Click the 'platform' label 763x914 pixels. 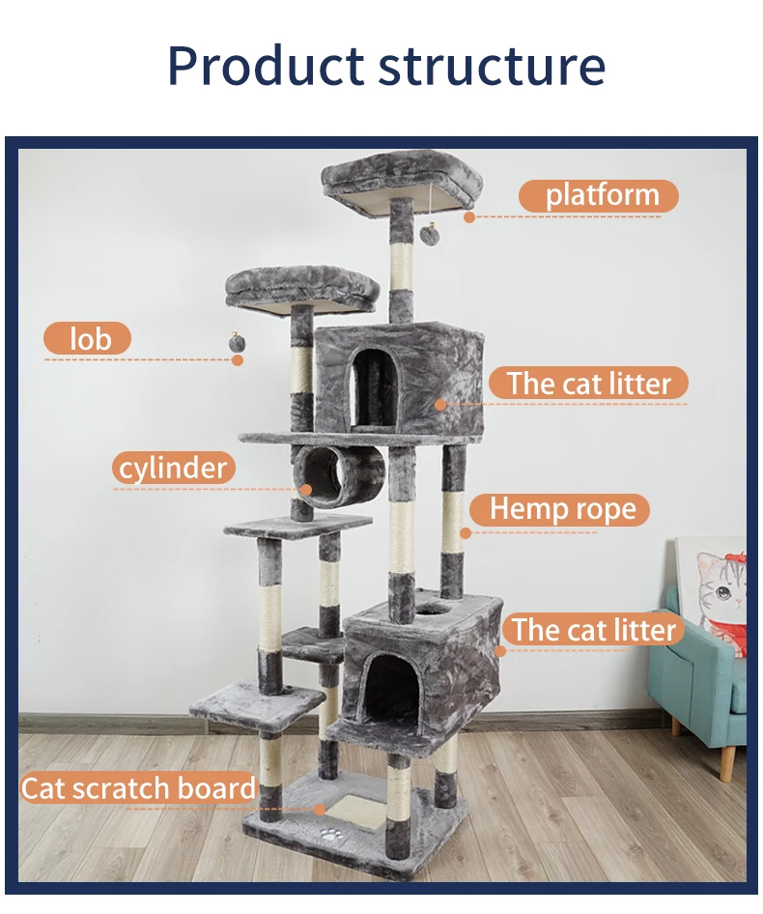[x=599, y=195]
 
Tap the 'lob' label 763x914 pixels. [x=88, y=339]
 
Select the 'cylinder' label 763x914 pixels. [x=174, y=469]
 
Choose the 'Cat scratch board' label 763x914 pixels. [x=138, y=787]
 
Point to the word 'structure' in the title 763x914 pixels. [x=492, y=66]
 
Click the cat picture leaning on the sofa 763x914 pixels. [x=716, y=589]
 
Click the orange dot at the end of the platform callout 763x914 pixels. [x=468, y=217]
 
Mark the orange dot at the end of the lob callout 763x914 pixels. [x=237, y=360]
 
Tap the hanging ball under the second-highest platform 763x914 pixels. [x=235, y=343]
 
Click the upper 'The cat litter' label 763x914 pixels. [x=588, y=384]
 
